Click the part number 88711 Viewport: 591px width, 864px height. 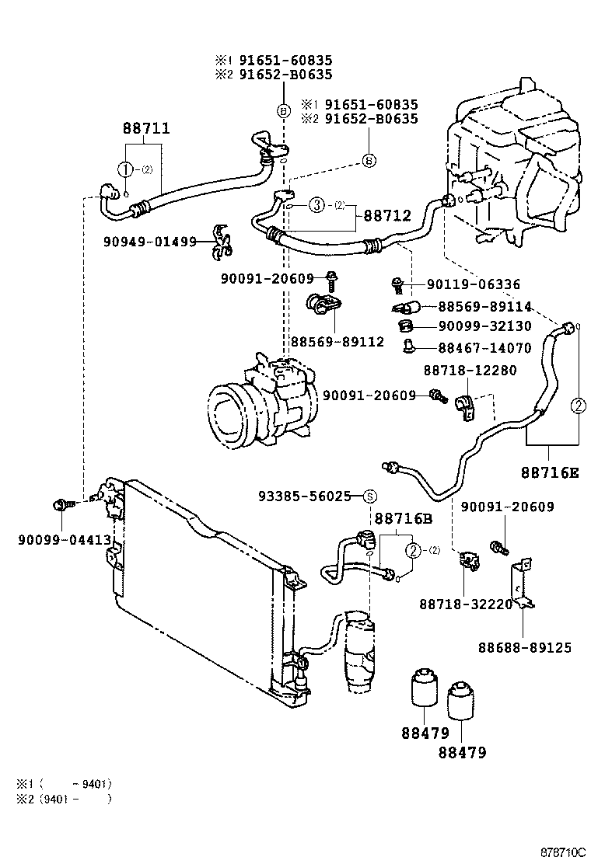tap(145, 128)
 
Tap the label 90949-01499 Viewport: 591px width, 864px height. tap(149, 242)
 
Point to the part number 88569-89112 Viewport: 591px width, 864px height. tap(337, 341)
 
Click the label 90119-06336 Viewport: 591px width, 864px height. tap(474, 285)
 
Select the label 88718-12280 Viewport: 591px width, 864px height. tap(470, 371)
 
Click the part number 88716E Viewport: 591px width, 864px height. tap(550, 472)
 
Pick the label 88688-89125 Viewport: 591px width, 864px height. tap(525, 646)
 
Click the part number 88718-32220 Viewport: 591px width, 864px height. tap(466, 604)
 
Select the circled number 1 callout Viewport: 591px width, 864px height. tap(124, 169)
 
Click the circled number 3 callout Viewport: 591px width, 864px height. tap(316, 205)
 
